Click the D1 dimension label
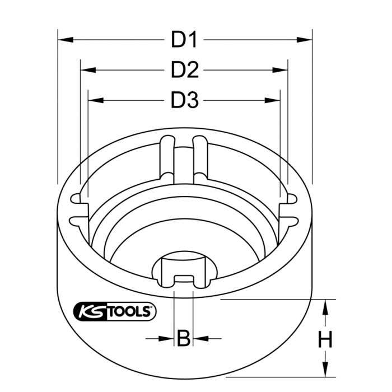pyautogui.click(x=184, y=40)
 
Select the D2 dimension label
pyautogui.click(x=185, y=70)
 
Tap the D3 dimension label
pyautogui.click(x=185, y=100)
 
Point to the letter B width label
pyautogui.click(x=184, y=338)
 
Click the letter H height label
pyautogui.click(x=325, y=339)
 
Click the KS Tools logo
pyautogui.click(x=115, y=311)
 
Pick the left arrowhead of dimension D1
pyautogui.click(x=66, y=40)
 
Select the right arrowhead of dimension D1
pyautogui.click(x=305, y=40)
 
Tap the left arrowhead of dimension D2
pyautogui.click(x=88, y=70)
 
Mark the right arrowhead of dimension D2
pyautogui.click(x=280, y=70)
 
